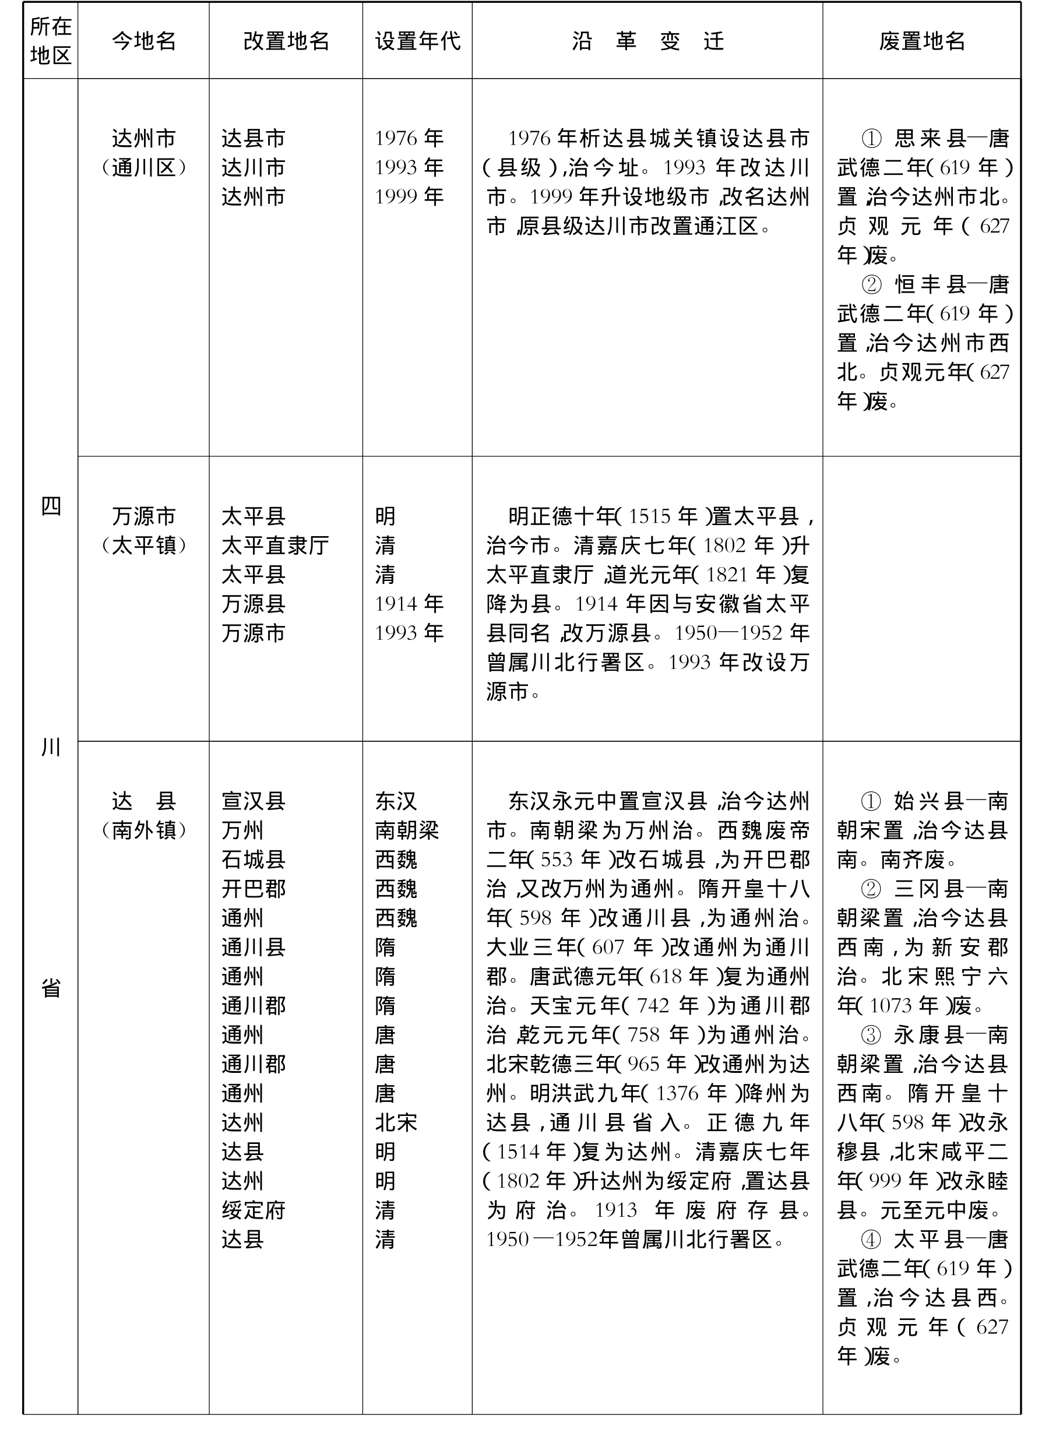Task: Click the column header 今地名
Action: (x=143, y=41)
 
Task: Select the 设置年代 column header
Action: (x=417, y=41)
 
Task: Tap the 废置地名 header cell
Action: (x=921, y=41)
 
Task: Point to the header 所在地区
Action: (x=50, y=41)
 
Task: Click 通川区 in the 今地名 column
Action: (x=143, y=168)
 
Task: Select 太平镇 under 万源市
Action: (x=143, y=545)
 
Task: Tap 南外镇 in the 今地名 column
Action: (x=143, y=830)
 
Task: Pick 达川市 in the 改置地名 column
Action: (x=254, y=168)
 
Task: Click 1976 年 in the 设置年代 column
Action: (x=409, y=139)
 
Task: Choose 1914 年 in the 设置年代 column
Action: (x=409, y=604)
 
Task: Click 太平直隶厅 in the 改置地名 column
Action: (x=275, y=545)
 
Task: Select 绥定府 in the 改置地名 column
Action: (x=254, y=1210)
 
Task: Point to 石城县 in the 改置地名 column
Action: (x=254, y=859)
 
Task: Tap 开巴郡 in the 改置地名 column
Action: (x=254, y=888)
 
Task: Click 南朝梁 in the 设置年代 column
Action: (x=406, y=830)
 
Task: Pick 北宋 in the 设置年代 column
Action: (x=396, y=1122)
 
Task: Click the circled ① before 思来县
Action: (x=871, y=139)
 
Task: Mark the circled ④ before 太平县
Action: (x=871, y=1239)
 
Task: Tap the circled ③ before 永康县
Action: (x=871, y=1035)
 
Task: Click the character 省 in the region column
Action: (x=51, y=987)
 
